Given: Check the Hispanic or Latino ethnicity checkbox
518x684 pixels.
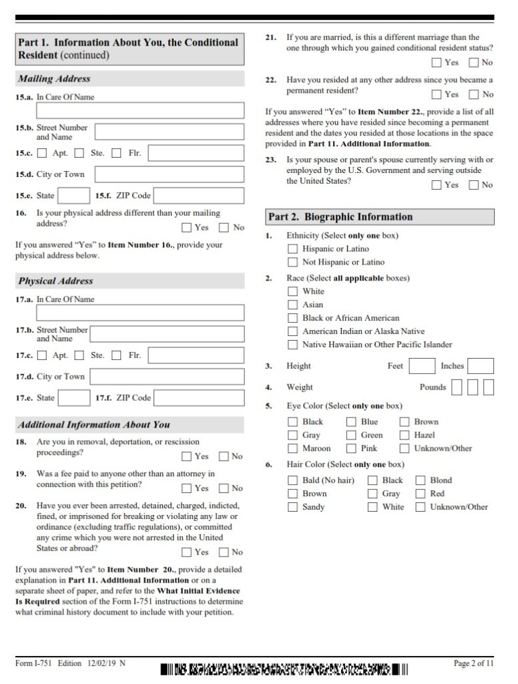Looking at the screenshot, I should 292,249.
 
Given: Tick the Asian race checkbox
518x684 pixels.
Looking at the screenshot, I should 292,305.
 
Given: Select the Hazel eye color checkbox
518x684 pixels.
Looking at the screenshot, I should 405,435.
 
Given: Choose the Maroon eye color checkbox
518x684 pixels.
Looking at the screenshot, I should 292,448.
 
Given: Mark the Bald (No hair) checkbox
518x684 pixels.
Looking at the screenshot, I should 292,480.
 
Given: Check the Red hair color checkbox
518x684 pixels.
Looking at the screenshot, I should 421,494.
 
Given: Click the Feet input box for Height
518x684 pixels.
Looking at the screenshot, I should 421,366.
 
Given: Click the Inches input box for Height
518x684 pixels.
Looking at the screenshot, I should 481,366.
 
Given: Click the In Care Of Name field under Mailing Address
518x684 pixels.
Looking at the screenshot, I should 140,110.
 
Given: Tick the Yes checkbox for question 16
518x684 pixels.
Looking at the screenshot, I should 186,228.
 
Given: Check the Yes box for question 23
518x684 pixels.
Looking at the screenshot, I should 437,185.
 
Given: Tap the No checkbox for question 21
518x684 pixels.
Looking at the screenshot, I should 474,63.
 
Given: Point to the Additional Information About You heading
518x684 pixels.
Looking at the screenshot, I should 94,425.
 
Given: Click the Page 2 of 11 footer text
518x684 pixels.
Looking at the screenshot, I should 473,663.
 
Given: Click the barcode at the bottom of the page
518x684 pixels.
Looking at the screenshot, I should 284,669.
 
